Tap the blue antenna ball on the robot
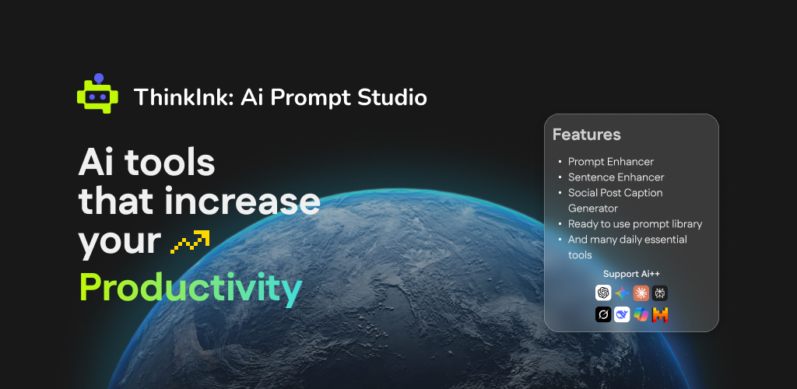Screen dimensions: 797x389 [99, 79]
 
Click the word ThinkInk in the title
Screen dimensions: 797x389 [184, 97]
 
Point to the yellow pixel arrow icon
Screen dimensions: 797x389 [190, 242]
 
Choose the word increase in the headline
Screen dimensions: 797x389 [242, 202]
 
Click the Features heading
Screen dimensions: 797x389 [587, 135]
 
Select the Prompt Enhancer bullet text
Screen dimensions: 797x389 [611, 162]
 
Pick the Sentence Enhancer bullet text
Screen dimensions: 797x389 [616, 177]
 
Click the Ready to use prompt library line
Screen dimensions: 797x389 [635, 224]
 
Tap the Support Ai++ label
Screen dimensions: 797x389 [631, 274]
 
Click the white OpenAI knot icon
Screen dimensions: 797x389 [603, 293]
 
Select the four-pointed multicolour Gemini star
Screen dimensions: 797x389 [622, 293]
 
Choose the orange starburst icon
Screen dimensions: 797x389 [641, 293]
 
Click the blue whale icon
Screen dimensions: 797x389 [622, 315]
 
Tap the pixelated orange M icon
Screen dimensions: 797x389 [660, 315]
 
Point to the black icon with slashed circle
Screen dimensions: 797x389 [603, 315]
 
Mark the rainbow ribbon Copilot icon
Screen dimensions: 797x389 [641, 315]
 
